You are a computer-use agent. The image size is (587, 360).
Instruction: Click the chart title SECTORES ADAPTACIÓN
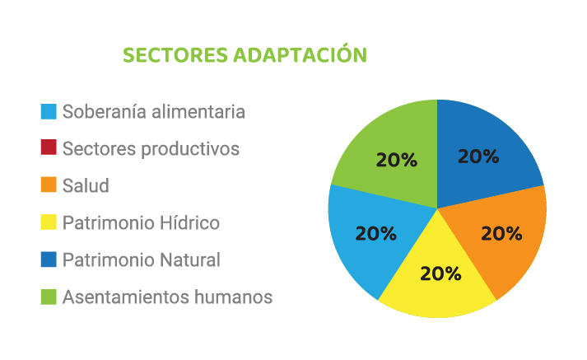(245, 54)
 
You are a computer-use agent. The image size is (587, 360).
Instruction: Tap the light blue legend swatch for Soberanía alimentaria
(49, 112)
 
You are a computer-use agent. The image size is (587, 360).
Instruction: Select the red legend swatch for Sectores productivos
(49, 147)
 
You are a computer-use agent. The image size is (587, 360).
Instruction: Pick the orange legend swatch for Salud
(49, 185)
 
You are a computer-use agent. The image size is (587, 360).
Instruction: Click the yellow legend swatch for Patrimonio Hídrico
(49, 222)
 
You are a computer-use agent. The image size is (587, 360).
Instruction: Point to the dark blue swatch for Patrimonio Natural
(49, 259)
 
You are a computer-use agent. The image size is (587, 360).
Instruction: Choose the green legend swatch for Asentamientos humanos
(49, 297)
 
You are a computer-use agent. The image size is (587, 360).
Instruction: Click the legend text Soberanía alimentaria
(153, 112)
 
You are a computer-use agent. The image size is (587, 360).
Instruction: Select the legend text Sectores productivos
(151, 149)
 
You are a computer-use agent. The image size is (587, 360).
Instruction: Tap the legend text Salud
(86, 186)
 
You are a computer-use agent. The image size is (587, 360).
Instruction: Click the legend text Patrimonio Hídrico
(141, 223)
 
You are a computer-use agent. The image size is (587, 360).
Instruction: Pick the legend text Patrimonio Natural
(142, 260)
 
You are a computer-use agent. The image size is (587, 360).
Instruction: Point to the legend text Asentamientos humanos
(167, 297)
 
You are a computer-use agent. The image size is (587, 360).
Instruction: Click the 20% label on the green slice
(397, 160)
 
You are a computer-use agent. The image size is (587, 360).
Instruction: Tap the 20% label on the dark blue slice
(478, 157)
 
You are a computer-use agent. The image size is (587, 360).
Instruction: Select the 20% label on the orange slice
(501, 234)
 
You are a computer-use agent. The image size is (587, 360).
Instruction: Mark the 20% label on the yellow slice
(440, 274)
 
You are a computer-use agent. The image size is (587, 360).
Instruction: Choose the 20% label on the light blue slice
(376, 234)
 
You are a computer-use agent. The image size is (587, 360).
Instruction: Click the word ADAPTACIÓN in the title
(300, 54)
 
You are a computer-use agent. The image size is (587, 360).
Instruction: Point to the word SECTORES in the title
(175, 55)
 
